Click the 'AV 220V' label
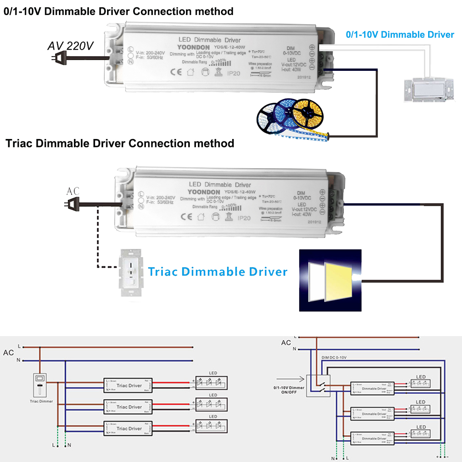tap(70, 46)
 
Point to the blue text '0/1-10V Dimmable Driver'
tap(400, 35)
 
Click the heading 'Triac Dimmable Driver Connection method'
tap(120, 144)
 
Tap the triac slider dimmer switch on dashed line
tap(131, 273)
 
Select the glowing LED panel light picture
tap(330, 280)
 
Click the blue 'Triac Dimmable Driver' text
tap(218, 272)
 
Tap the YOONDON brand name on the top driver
tap(193, 47)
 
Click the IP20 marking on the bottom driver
tap(244, 218)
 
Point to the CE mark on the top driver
tap(176, 72)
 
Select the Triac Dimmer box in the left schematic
tap(40, 385)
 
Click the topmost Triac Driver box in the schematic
tap(128, 385)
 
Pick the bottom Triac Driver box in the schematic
tap(128, 429)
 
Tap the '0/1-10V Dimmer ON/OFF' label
tap(289, 390)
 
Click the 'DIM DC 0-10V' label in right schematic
tap(334, 358)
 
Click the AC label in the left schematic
tap(8, 353)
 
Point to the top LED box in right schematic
tap(420, 383)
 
